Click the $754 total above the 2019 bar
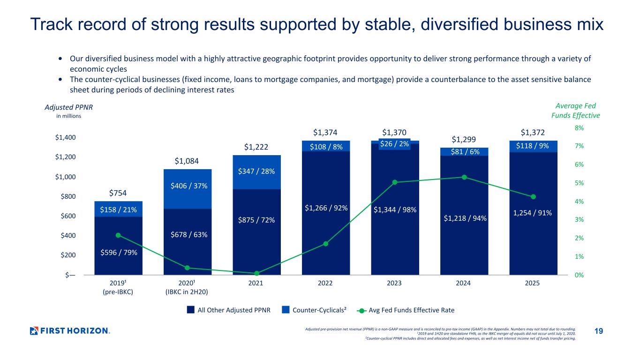[118, 193]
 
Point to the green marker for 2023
[395, 182]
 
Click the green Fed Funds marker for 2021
[256, 273]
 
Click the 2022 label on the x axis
[325, 283]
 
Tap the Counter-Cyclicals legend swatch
[286, 310]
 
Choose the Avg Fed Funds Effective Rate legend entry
[406, 310]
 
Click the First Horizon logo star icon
[34, 331]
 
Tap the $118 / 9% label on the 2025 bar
[533, 146]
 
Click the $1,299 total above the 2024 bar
[464, 139]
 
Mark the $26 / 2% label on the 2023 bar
[395, 144]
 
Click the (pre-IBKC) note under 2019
[118, 292]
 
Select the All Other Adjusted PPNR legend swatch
[191, 310]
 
